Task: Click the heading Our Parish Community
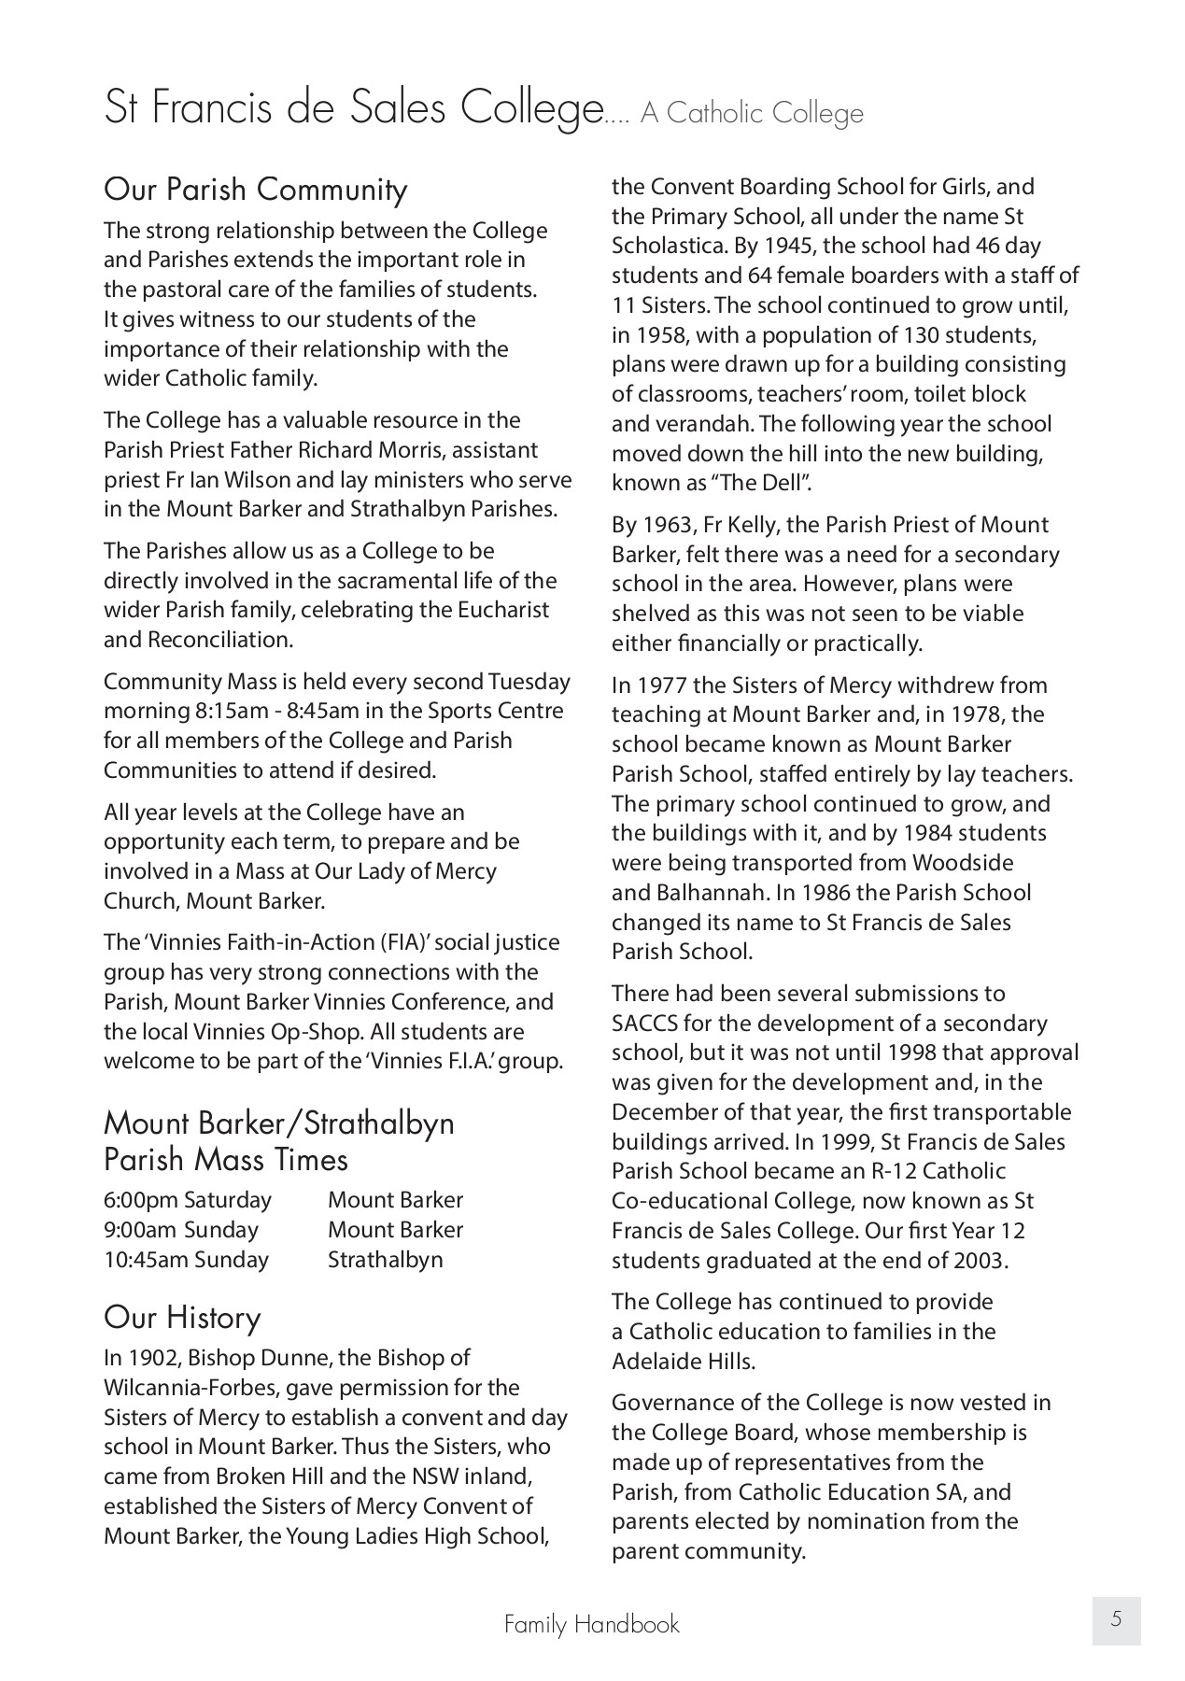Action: point(256,190)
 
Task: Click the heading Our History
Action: point(182,1317)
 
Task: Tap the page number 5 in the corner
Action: point(1116,1619)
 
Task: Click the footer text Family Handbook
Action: point(592,1624)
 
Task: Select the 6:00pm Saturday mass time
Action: point(188,1200)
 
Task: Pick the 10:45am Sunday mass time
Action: point(186,1260)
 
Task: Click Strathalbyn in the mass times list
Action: point(386,1260)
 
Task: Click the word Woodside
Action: point(963,863)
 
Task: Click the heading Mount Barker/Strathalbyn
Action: point(278,1122)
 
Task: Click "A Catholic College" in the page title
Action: point(752,114)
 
